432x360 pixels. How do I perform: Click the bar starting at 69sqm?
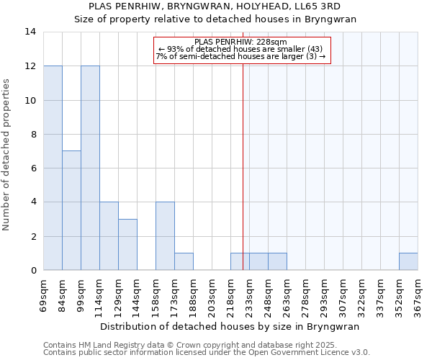[53, 168]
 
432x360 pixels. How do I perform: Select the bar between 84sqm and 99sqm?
[71, 210]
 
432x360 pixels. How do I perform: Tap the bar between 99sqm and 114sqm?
[90, 168]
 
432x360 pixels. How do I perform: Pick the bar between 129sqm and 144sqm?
[127, 245]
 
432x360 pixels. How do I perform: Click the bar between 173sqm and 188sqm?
[184, 261]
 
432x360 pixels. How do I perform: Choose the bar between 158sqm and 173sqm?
[165, 236]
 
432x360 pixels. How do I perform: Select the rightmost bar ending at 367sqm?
[408, 261]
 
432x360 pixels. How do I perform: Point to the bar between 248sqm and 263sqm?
[277, 261]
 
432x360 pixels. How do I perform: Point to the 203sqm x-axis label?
[212, 294]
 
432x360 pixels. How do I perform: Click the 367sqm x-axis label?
[418, 294]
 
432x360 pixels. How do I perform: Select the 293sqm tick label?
[325, 294]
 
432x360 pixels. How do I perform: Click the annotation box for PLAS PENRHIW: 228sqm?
[241, 50]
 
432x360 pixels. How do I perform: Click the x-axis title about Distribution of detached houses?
[230, 326]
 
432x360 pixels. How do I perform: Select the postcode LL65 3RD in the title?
[328, 6]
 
